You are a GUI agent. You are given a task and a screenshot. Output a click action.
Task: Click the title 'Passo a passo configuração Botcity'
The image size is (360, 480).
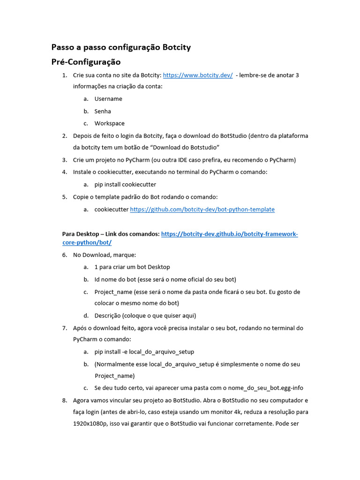[121, 47]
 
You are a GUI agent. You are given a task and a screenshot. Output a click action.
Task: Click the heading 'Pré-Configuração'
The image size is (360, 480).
[86, 62]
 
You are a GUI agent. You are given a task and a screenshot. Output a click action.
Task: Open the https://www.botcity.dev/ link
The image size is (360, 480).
[197, 75]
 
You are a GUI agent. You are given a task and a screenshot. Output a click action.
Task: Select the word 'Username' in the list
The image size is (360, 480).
[108, 99]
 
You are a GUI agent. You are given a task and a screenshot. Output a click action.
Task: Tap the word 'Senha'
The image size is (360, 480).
[103, 111]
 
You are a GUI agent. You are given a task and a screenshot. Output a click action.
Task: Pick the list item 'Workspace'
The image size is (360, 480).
[109, 123]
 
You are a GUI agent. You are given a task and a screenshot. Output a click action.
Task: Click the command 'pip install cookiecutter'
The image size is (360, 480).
[125, 184]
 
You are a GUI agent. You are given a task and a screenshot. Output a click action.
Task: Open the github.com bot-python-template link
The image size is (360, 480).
[202, 209]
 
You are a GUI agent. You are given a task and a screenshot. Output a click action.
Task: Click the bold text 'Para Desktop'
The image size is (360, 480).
[81, 234]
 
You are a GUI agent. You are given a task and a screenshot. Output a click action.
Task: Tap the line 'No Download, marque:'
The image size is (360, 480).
[105, 255]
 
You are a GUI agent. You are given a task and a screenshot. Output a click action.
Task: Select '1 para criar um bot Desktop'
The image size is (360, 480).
[132, 267]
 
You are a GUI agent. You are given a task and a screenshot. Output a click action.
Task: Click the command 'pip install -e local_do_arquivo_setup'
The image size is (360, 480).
[144, 352]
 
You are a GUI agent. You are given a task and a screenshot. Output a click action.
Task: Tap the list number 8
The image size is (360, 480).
[65, 400]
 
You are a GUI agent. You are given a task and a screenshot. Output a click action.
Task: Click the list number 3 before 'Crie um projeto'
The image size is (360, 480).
[65, 160]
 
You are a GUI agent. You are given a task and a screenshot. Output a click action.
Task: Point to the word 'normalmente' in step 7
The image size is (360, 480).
[113, 364]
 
